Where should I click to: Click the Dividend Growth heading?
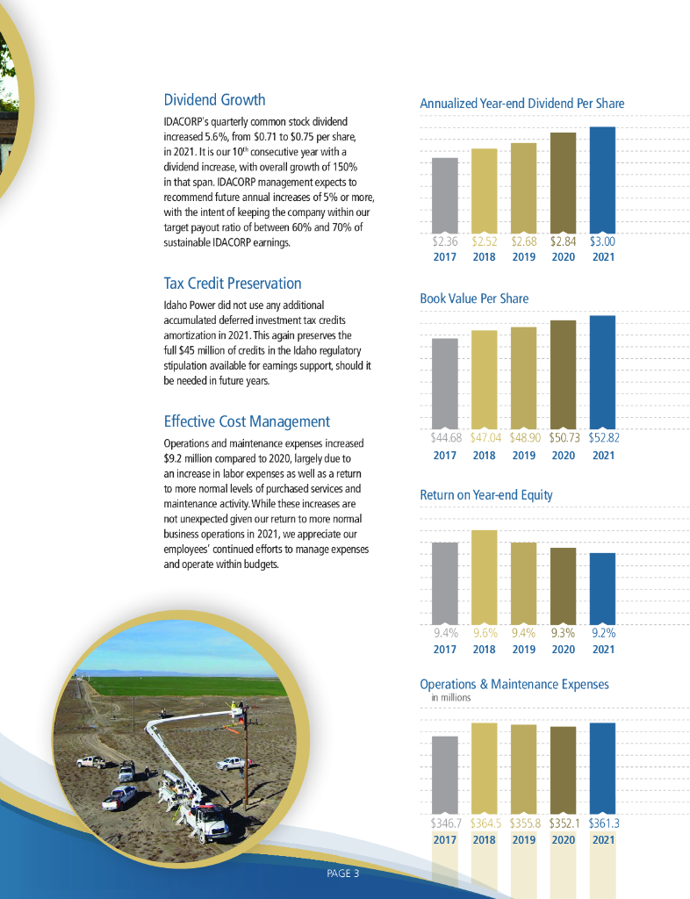coord(214,100)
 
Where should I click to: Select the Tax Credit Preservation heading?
coord(232,284)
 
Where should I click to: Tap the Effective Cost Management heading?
coord(247,421)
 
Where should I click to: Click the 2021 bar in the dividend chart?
coord(602,180)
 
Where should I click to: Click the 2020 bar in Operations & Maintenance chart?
coord(563,770)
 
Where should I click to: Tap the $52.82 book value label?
coord(603,436)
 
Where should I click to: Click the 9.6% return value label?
coord(485,631)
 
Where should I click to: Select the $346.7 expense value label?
coord(445,823)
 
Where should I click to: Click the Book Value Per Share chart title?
coord(474,298)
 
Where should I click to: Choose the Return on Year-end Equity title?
coord(486,495)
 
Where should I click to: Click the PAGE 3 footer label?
coord(342,874)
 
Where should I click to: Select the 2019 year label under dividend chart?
coord(523,257)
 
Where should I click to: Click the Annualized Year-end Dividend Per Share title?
coord(521,104)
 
